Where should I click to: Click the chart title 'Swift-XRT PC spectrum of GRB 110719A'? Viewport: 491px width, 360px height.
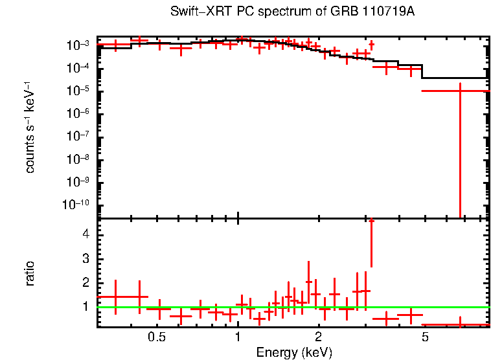[x=292, y=12]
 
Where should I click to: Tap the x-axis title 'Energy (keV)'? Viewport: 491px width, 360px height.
[x=294, y=353]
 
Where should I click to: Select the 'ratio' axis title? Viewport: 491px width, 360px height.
[x=30, y=273]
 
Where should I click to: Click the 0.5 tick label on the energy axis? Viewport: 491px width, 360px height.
[x=157, y=337]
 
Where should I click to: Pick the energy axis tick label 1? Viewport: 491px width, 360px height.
[x=238, y=337]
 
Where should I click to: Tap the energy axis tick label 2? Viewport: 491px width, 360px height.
[x=318, y=337]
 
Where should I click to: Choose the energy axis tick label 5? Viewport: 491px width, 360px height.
[x=425, y=337]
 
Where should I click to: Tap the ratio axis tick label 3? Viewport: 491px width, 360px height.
[x=86, y=259]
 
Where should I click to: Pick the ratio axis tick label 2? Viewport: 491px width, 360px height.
[x=86, y=283]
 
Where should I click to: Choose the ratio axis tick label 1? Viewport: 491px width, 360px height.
[x=86, y=307]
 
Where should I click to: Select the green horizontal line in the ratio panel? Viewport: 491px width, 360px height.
[x=291, y=307]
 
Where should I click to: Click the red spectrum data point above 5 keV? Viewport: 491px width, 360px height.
[x=460, y=91]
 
